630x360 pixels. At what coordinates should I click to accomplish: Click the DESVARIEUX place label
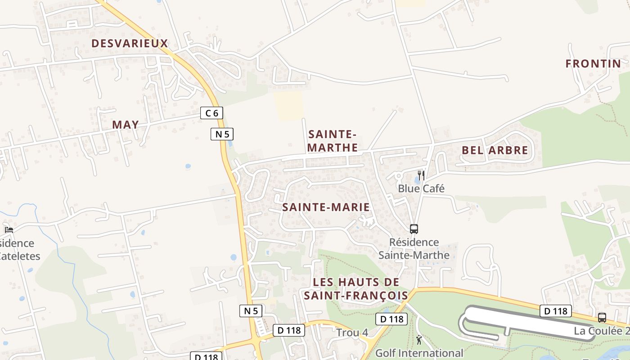130,44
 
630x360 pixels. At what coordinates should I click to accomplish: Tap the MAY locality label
125,125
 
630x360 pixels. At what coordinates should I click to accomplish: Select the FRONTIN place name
593,64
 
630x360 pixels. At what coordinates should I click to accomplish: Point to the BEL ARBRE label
495,150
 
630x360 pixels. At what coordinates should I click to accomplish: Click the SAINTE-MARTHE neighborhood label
333,141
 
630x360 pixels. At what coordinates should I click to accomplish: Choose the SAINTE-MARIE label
326,207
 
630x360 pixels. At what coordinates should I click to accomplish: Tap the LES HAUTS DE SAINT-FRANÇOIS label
356,289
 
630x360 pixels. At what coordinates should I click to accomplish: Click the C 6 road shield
211,113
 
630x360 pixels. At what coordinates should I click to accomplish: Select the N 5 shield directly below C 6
222,134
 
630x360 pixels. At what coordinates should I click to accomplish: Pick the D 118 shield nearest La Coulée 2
556,311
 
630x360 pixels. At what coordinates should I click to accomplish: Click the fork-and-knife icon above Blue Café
421,175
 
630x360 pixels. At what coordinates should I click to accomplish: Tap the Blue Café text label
421,189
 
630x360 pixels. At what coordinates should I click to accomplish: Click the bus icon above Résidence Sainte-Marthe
414,229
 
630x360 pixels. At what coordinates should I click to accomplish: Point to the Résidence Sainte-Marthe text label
414,249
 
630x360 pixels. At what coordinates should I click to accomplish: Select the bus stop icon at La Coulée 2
602,318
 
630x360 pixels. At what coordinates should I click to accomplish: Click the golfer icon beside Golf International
419,340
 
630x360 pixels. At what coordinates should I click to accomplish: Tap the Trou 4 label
352,333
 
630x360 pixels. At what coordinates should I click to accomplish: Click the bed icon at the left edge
9,230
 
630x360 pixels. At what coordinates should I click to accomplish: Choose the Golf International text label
419,353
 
